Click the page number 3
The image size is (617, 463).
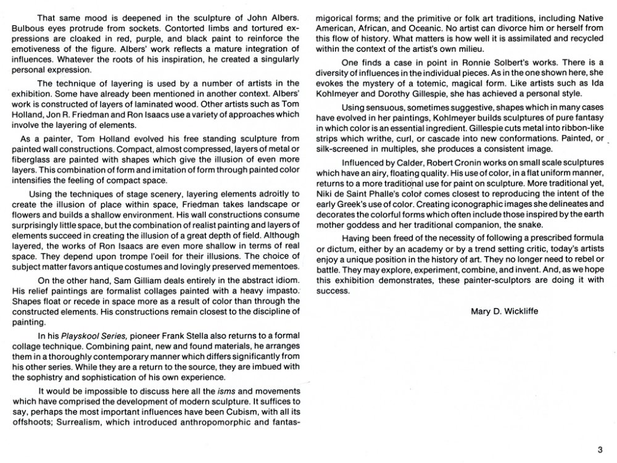pyautogui.click(x=599, y=449)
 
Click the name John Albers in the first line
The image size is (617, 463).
pyautogui.click(x=275, y=14)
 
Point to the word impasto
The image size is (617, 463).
pyautogui.click(x=272, y=290)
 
